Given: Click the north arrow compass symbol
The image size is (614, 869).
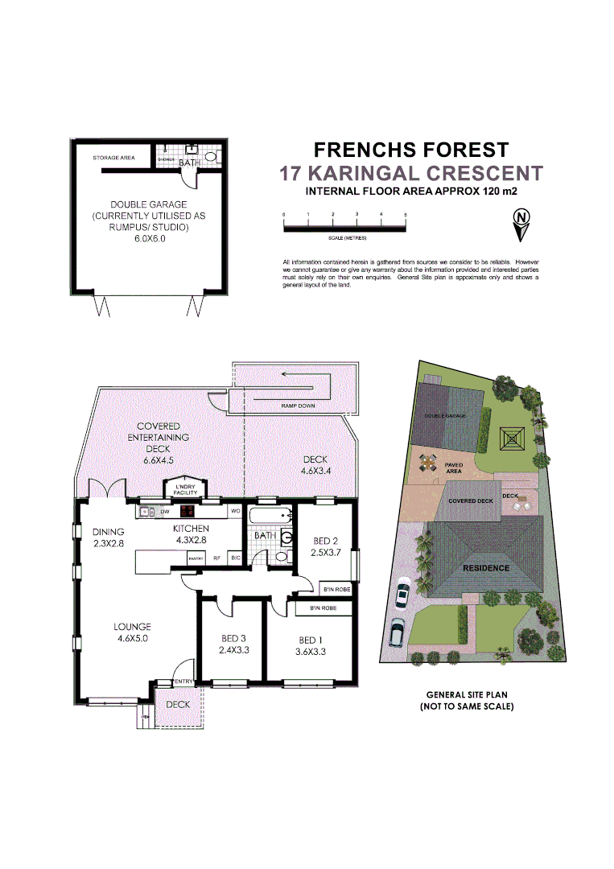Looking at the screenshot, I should [x=522, y=224].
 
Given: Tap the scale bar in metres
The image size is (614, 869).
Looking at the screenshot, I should [x=344, y=229].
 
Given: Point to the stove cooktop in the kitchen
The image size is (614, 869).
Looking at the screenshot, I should [x=187, y=511].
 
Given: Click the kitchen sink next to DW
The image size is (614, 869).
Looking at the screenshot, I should [x=147, y=511].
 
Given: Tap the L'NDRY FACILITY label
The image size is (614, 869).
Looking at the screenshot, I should [x=185, y=490].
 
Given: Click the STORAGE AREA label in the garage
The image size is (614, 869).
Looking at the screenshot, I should [x=113, y=159].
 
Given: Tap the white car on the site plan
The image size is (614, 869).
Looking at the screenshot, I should [x=402, y=595].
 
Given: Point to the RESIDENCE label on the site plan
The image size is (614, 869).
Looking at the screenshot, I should [x=485, y=567].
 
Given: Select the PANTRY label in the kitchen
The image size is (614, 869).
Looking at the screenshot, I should [x=194, y=558].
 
